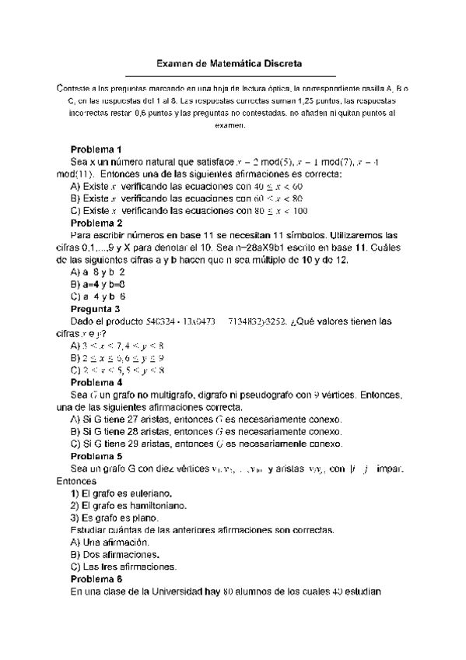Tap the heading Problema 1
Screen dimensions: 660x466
tap(96, 149)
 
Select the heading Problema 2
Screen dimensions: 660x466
tap(96, 223)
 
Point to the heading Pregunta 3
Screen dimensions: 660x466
tap(96, 308)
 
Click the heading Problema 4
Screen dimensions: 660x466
tap(96, 382)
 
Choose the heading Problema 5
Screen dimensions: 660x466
tap(96, 456)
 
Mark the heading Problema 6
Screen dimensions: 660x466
tap(96, 579)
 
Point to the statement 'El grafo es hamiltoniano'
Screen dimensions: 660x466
tap(132, 505)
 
